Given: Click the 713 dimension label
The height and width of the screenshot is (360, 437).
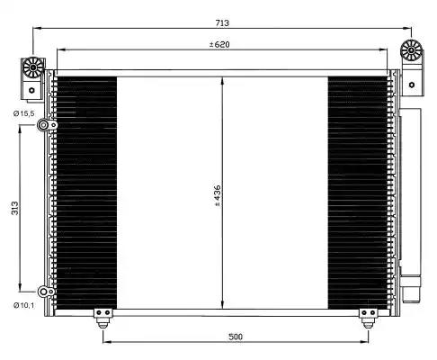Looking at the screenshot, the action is [222, 22].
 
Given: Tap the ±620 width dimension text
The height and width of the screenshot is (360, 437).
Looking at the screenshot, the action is [219, 45].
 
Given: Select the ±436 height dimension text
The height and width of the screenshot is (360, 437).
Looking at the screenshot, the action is [218, 195].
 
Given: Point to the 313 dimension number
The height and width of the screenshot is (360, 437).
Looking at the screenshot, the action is [14, 208].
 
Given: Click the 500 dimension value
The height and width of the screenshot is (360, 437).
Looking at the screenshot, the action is [236, 337].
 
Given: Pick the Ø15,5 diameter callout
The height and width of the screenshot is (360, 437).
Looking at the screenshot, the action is [24, 113].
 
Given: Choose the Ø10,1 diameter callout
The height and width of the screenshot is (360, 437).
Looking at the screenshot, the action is [24, 305].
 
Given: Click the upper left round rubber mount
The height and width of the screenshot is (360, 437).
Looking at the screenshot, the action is [33, 67].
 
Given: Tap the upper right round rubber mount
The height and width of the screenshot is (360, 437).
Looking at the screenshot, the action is [412, 50].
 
